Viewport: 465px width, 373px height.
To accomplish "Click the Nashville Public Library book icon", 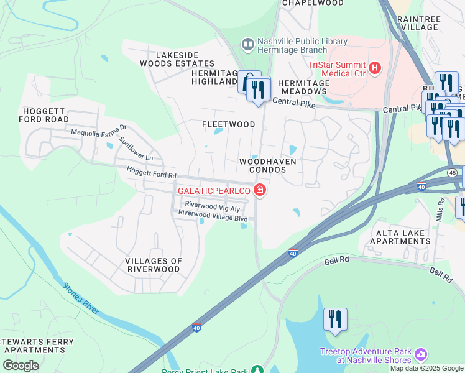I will point(247,44).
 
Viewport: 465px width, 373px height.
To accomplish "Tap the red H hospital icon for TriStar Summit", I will point(375,68).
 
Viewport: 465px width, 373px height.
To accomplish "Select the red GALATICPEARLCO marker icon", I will point(260,190).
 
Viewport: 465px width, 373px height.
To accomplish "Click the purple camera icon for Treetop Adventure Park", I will point(421,354).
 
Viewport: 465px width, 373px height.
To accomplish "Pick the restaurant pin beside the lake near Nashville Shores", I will point(335,320).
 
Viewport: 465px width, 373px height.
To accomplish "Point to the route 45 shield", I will point(452,172).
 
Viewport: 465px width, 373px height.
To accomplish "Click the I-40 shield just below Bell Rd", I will point(293,253).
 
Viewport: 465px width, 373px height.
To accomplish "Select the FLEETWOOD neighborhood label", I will point(228,124).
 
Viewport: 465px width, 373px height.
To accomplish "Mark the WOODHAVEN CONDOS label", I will point(267,165).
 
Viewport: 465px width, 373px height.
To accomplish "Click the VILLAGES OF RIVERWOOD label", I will point(153,265).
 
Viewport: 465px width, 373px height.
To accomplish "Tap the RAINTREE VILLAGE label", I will point(420,24).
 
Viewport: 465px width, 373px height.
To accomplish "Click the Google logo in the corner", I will point(21,365).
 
